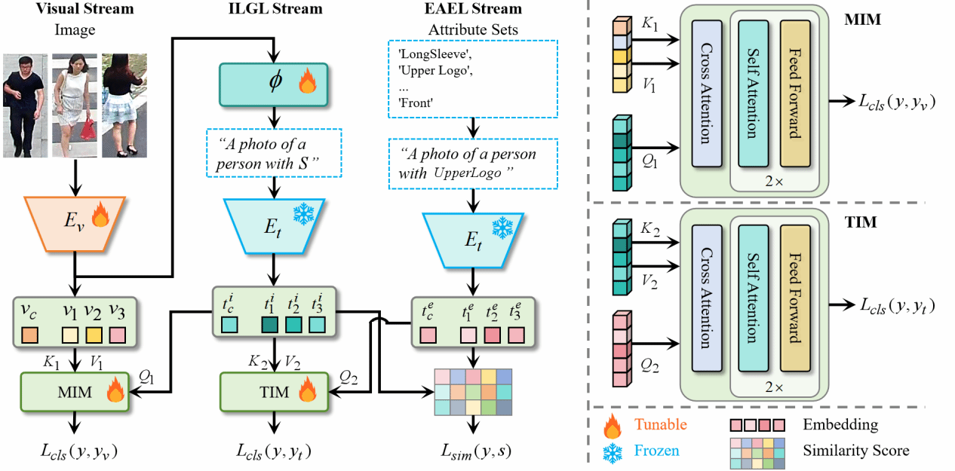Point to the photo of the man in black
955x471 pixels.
23,105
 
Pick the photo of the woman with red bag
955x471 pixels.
72,105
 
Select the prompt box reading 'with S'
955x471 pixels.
275,151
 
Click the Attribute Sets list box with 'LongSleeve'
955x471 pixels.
474,75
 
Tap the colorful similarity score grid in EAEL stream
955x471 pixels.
474,391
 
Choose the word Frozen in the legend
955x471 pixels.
656,451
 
